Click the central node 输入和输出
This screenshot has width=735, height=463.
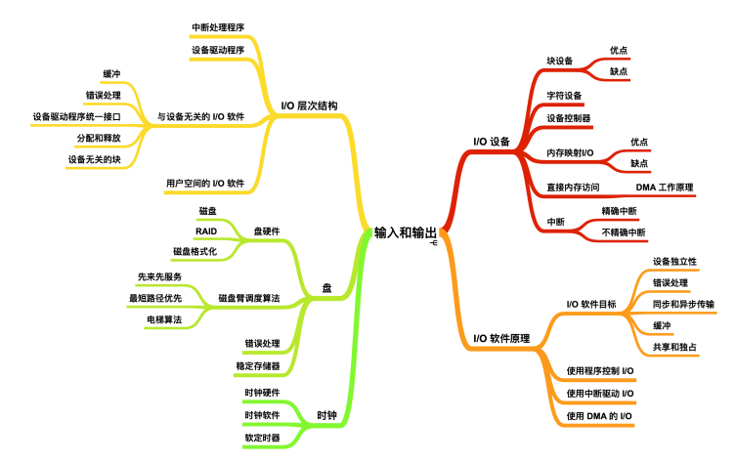click(406, 232)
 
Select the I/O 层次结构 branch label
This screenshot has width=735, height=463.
click(309, 105)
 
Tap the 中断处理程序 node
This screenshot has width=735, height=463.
click(218, 26)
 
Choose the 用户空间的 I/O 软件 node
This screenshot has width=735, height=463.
click(204, 182)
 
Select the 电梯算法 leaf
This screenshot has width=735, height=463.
click(164, 318)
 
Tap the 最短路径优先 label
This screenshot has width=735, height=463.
click(155, 298)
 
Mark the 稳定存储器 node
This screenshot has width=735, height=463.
click(258, 365)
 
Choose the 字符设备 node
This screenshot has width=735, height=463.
click(564, 96)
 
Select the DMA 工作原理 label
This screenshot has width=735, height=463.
click(664, 187)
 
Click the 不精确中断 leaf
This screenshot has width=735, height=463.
click(624, 232)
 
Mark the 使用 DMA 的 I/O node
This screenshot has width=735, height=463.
click(600, 416)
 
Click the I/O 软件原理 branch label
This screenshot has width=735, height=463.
click(502, 338)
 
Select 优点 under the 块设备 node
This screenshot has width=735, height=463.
click(619, 50)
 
